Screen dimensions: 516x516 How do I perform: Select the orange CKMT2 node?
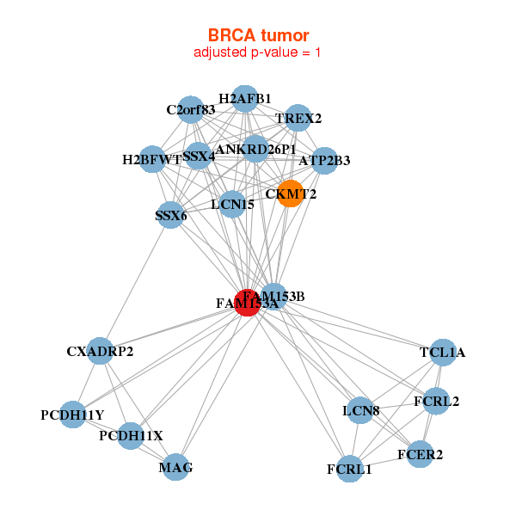pos(291,193)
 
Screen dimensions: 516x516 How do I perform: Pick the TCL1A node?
pos(442,352)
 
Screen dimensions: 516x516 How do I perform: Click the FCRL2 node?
pos(436,401)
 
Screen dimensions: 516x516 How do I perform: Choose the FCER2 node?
pos(420,454)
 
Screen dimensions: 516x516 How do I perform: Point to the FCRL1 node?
pos(349,469)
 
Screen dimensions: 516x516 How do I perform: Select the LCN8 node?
pos(361,410)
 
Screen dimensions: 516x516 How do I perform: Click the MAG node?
pos(175,467)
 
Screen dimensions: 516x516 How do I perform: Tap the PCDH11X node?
pos(131,436)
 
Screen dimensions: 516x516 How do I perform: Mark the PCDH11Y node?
pos(72,415)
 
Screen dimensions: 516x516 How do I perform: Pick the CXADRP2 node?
pos(100,351)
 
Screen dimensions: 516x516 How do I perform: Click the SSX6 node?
pos(170,216)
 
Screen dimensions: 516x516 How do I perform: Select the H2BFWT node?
pos(152,159)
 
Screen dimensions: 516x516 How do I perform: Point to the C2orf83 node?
pos(191,109)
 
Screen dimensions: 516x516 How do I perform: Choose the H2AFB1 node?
pos(245,99)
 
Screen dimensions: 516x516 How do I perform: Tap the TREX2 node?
pos(298,118)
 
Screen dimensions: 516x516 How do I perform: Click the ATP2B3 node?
pos(324,160)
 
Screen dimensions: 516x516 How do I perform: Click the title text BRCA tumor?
pos(258,35)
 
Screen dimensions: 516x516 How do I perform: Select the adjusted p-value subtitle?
pos(258,52)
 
